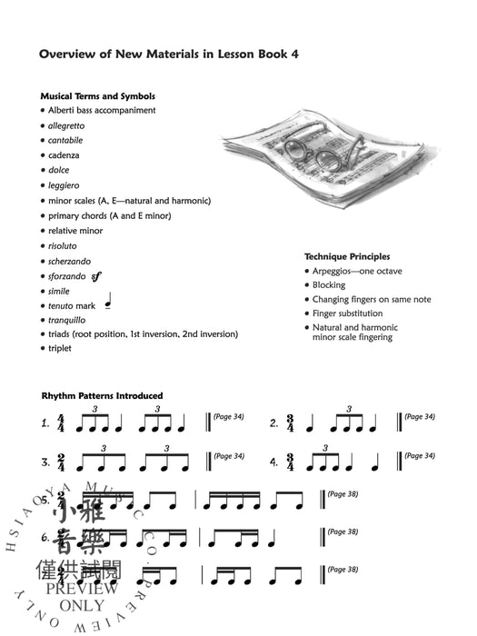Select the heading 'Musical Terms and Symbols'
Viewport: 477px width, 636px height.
tap(97, 95)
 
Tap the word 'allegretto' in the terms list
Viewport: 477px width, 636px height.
tap(68, 125)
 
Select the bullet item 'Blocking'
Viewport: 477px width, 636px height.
tap(329, 284)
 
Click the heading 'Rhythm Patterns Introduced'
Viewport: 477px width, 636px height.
tap(102, 395)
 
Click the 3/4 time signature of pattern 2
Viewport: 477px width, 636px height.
tap(298, 422)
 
